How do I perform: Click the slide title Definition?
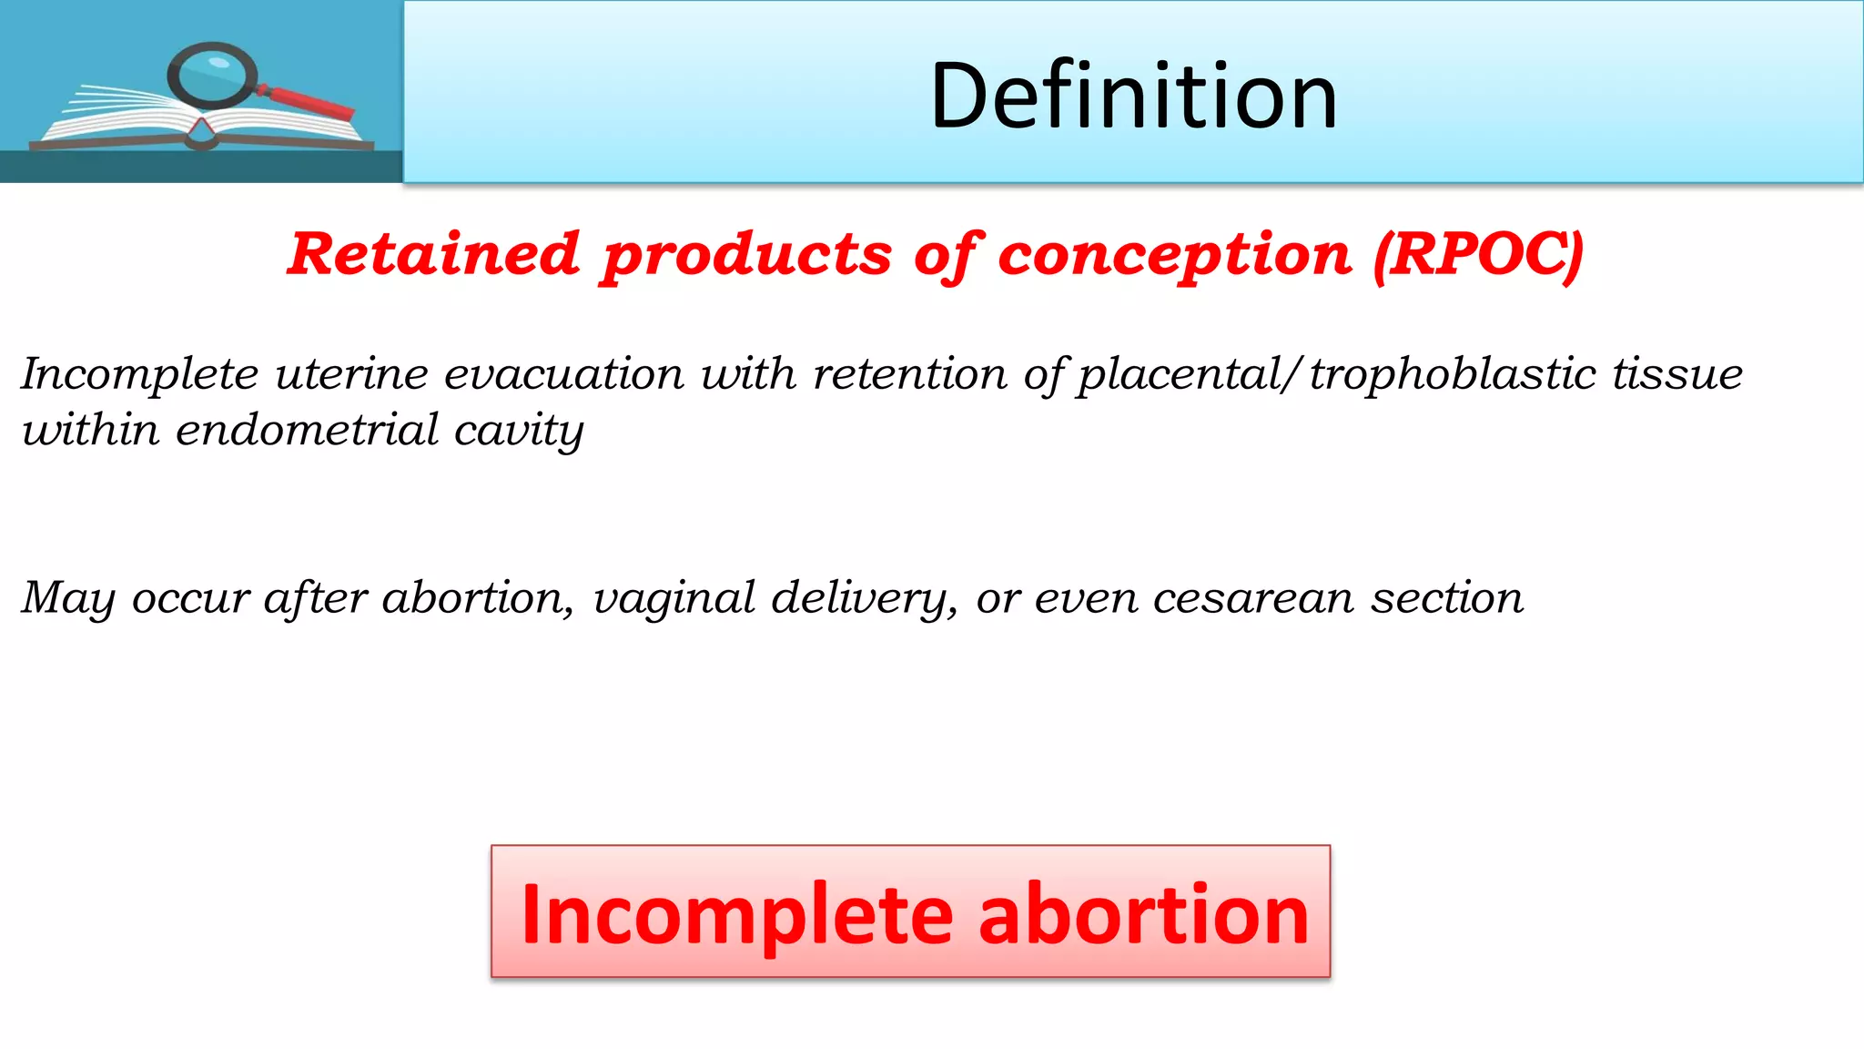1133,95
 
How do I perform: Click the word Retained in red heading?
433,254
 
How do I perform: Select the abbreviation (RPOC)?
1478,254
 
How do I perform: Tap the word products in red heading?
746,256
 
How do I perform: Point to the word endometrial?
307,431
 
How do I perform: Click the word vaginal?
674,599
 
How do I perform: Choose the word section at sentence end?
1447,599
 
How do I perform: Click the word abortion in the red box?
1143,914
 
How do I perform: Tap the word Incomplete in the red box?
736,914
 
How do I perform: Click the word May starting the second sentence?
67,599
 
